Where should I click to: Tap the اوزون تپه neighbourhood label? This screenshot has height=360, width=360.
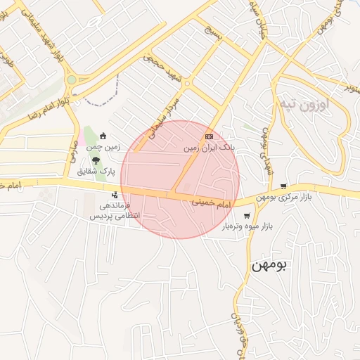[x=304, y=105]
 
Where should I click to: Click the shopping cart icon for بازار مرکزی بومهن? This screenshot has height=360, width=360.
[x=283, y=186]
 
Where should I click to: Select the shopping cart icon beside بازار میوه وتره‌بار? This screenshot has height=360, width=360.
[x=245, y=216]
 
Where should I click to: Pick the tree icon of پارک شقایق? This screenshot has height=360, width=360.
[x=96, y=161]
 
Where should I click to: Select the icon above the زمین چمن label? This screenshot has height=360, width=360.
[x=103, y=136]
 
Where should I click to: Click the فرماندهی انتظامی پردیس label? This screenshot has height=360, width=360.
[x=114, y=210]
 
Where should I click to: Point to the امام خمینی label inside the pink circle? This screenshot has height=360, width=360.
[x=212, y=202]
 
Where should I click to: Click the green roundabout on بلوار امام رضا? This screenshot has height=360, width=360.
[x=72, y=80]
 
